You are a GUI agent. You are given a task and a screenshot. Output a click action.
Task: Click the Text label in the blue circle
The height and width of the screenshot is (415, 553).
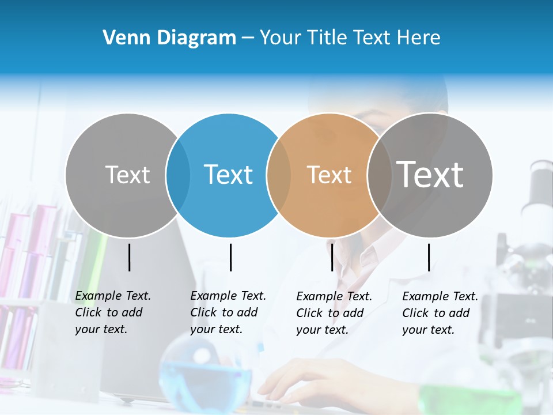click(x=229, y=175)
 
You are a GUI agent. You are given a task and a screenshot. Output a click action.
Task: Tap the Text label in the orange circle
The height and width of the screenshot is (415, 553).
click(x=329, y=175)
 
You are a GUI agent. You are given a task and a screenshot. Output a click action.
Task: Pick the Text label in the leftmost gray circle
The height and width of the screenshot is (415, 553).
click(x=127, y=175)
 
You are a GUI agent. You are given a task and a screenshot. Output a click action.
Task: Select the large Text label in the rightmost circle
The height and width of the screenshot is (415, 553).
click(x=430, y=175)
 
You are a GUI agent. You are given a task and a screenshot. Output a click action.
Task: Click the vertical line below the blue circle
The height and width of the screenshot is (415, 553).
click(x=230, y=257)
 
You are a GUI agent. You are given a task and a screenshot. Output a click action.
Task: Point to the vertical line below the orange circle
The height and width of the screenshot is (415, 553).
click(x=332, y=257)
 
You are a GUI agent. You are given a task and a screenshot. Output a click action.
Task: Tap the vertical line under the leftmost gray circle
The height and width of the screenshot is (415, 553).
click(x=129, y=257)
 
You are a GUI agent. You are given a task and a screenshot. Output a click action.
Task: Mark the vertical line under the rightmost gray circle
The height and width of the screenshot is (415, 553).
click(x=429, y=257)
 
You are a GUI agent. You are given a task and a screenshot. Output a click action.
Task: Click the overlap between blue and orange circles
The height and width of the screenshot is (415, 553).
click(x=279, y=175)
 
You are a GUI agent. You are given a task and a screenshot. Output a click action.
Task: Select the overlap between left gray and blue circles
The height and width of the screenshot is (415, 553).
click(x=178, y=175)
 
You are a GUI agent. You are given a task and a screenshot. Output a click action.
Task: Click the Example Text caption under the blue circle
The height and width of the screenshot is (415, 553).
click(x=228, y=312)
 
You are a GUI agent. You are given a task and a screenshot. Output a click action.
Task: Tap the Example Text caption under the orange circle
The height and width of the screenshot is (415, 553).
click(x=334, y=313)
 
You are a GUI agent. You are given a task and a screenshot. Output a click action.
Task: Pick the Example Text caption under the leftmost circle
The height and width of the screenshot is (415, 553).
click(x=112, y=312)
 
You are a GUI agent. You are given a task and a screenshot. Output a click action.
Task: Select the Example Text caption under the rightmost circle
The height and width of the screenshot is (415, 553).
click(x=440, y=313)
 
